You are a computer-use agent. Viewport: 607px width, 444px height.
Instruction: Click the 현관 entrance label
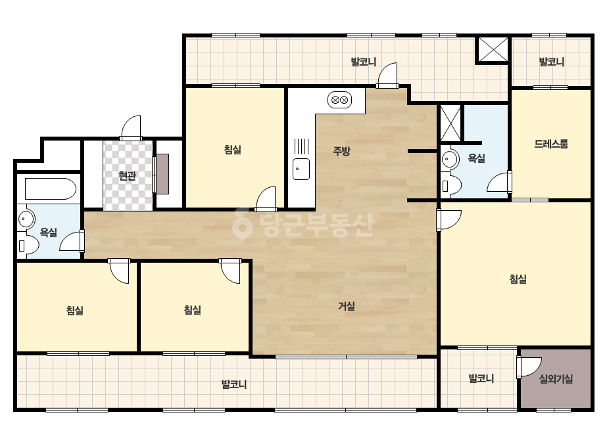point(127,177)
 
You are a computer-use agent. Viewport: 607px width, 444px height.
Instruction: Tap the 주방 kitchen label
point(341,151)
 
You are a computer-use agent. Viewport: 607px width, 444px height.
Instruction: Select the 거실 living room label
point(347,306)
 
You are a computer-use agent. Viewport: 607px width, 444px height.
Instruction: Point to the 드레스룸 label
point(551,144)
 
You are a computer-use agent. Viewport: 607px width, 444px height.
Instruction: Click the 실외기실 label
point(556,379)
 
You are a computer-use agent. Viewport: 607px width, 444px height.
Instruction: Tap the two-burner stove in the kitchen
point(339,100)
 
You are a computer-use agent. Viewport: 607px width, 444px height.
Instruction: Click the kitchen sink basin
point(301,169)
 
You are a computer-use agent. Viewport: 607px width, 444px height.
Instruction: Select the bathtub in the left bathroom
point(51,189)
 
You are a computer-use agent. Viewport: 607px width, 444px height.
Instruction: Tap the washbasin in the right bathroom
point(449,158)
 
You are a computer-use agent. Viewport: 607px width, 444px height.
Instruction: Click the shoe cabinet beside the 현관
point(161,174)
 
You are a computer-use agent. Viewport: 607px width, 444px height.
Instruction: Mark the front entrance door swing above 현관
point(131,127)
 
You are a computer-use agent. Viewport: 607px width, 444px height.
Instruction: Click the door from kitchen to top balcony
point(387,75)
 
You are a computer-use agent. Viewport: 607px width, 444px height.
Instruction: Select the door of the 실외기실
point(529,367)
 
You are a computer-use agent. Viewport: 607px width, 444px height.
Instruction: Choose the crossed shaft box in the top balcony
point(493,49)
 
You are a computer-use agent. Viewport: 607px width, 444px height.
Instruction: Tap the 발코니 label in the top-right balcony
point(552,62)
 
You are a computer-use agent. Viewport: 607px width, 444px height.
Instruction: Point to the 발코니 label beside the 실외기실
point(481,378)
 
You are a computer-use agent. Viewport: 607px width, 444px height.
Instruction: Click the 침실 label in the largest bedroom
point(518,279)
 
